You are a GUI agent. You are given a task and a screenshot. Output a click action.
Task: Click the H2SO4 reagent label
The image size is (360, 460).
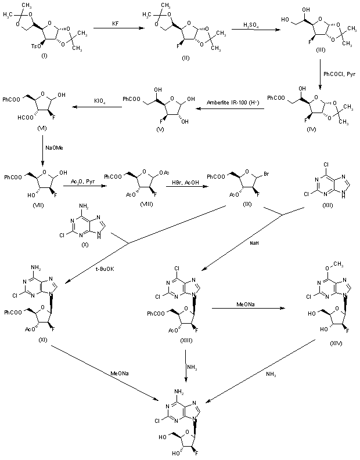point(240,25)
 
